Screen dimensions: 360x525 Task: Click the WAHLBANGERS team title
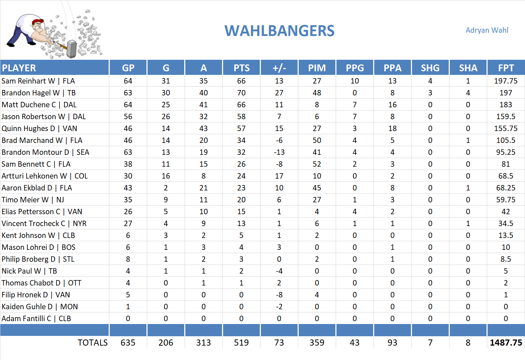280,31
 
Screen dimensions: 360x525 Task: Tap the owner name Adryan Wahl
487,30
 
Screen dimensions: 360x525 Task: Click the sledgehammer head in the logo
72,49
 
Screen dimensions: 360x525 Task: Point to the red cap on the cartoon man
38,22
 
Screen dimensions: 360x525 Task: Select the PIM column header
317,68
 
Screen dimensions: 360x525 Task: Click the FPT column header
506,68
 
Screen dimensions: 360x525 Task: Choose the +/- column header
279,68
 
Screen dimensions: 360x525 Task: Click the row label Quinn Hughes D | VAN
39,129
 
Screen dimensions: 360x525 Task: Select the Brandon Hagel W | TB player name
39,93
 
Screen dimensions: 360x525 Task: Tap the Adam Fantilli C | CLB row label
36,319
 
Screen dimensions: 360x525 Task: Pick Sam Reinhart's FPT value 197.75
506,81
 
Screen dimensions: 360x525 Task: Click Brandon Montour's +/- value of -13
279,152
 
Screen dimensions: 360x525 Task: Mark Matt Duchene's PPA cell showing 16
392,105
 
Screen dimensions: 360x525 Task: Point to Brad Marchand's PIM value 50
317,140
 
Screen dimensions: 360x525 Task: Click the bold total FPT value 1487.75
506,343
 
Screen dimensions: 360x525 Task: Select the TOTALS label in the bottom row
92,343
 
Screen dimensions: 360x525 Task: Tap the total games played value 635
128,343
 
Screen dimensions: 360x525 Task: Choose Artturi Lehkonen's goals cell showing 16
166,176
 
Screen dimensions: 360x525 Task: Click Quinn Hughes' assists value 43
203,129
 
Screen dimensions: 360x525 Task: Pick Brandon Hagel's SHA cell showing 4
468,93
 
